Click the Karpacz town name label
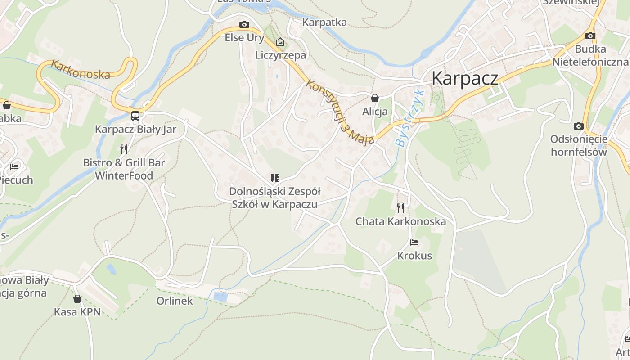pos(465,78)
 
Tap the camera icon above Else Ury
pos(244,24)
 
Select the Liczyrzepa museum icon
pos(280,42)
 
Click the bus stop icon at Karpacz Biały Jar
pos(135,116)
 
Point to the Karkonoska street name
pos(81,69)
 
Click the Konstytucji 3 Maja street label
pos(340,112)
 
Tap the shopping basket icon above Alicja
pos(374,98)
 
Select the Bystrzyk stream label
pos(409,118)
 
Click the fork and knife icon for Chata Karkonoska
pos(400,208)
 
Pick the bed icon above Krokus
pos(414,243)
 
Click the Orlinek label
pos(175,301)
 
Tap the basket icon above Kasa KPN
pos(77,298)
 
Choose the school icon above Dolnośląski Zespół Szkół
pos(274,178)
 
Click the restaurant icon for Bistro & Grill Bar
pos(124,149)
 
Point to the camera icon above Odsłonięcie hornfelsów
pos(579,126)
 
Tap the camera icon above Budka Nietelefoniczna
pos(590,36)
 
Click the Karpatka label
pos(324,22)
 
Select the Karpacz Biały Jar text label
pos(135,130)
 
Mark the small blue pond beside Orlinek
pos(220,296)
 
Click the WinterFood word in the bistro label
pos(124,175)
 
